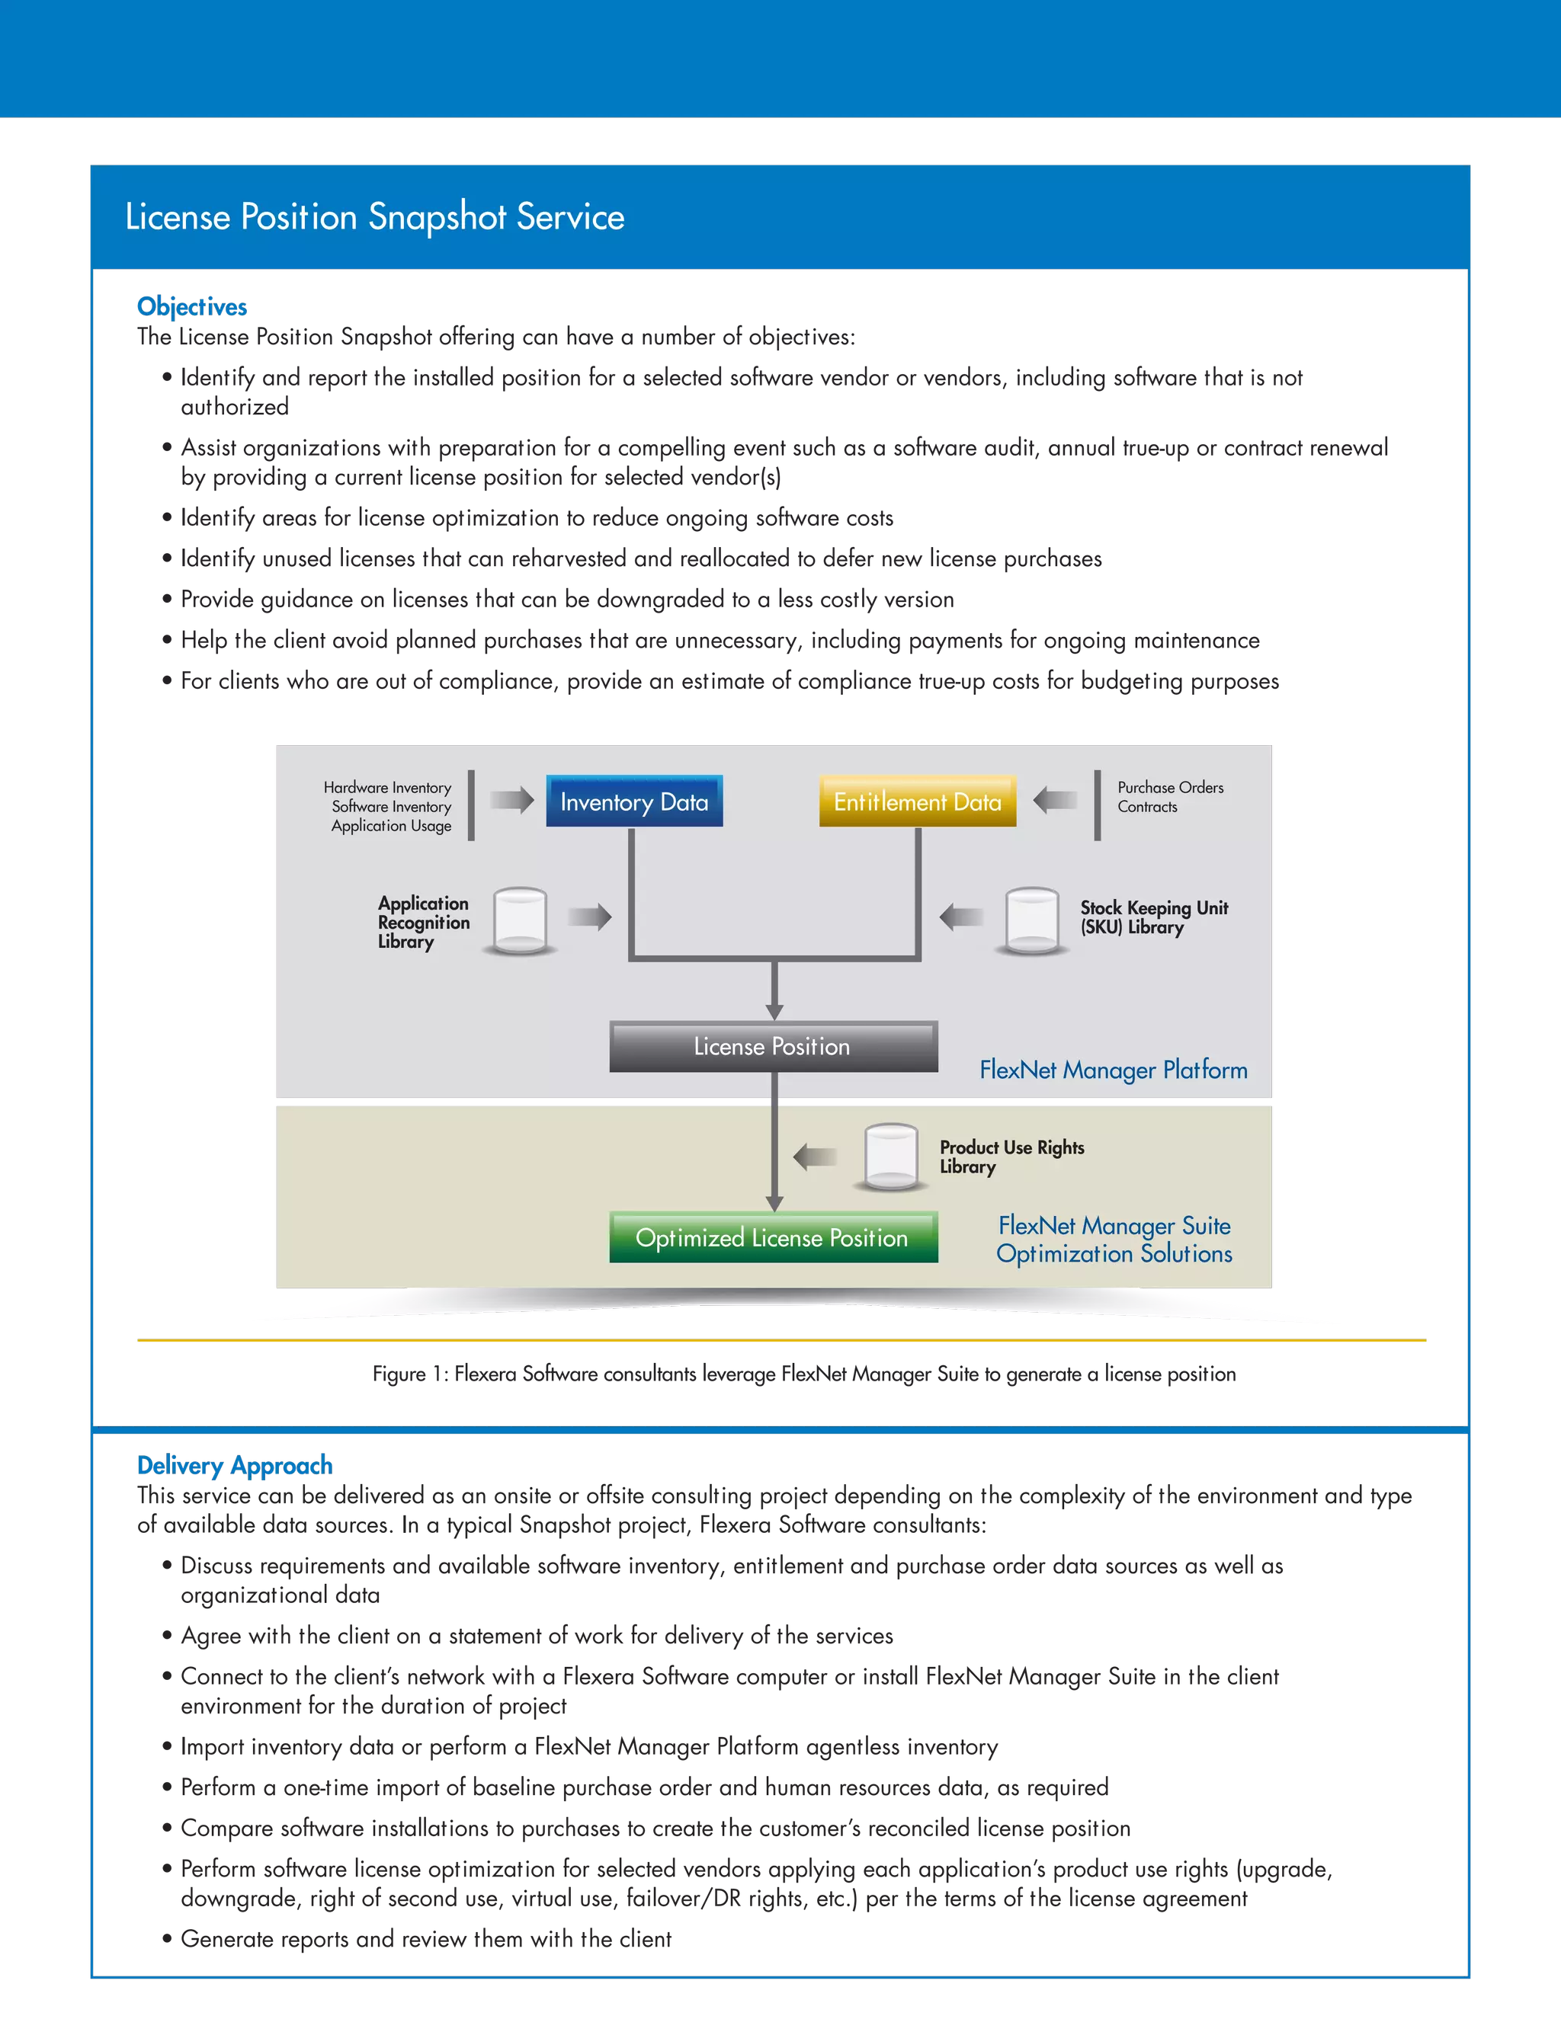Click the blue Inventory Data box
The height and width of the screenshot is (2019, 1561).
tap(634, 801)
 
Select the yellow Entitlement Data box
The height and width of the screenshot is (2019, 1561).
tap(918, 801)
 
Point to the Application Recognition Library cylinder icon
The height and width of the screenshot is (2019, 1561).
tap(520, 921)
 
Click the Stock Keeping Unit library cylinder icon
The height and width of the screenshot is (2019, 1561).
tap(1031, 921)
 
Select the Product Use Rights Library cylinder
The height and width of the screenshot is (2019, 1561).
tap(890, 1157)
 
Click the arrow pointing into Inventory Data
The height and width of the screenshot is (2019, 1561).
tap(511, 800)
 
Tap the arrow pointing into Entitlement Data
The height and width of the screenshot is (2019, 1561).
tap(1055, 800)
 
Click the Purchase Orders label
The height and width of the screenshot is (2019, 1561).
tap(1170, 787)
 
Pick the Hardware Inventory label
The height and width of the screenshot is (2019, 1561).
tap(387, 787)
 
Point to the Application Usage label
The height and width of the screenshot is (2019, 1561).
tap(391, 826)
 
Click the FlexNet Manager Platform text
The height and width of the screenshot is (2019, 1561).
tap(1114, 1070)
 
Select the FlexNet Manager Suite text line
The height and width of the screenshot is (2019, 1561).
tap(1114, 1225)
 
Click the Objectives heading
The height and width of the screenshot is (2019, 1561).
tap(192, 306)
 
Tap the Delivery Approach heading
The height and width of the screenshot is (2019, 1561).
tap(235, 1464)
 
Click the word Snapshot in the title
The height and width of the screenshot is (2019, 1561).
tap(437, 217)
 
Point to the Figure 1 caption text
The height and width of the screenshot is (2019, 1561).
tap(805, 1374)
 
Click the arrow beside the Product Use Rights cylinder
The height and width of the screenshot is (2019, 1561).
tap(815, 1157)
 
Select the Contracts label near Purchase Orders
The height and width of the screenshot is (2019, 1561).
tap(1146, 806)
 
